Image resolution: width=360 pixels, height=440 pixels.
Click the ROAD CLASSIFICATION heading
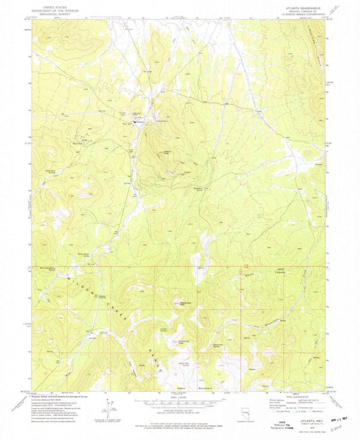pos(292,399)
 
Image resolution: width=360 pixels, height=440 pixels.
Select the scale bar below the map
pos(180,402)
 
